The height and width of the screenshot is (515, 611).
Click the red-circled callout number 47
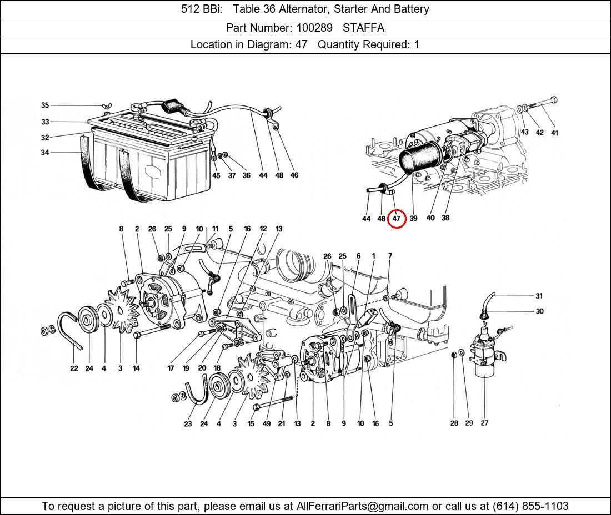[x=396, y=219]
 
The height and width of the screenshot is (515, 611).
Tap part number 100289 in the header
[x=314, y=28]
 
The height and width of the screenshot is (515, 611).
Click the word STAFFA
[x=364, y=28]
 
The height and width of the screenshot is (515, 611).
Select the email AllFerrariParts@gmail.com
[x=362, y=506]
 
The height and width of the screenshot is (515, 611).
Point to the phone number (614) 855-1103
[x=530, y=506]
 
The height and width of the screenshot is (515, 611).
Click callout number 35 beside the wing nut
[x=45, y=105]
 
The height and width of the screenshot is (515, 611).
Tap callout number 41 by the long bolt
[x=554, y=133]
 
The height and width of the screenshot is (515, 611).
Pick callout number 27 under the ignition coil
[x=484, y=423]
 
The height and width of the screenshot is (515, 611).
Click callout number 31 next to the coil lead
[x=539, y=296]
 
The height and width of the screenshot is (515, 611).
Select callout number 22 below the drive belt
[x=74, y=368]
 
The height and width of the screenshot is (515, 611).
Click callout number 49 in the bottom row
[x=267, y=423]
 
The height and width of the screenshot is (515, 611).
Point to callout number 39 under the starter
[x=413, y=218]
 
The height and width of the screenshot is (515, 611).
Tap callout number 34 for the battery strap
[x=45, y=152]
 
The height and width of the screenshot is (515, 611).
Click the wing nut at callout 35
[x=106, y=105]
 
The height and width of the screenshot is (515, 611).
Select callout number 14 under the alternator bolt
[x=136, y=368]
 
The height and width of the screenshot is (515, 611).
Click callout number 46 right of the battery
[x=294, y=175]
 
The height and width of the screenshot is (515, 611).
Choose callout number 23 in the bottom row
[x=188, y=423]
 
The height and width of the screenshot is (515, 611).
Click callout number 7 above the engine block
[x=390, y=256]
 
